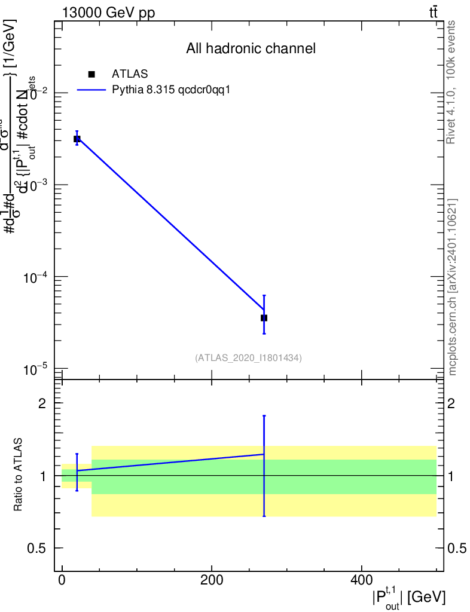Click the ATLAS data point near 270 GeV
pyautogui.click(x=264, y=318)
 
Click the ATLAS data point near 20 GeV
pyautogui.click(x=77, y=139)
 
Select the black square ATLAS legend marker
pyautogui.click(x=91, y=74)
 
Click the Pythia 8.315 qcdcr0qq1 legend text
pyautogui.click(x=171, y=90)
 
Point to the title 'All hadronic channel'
pyautogui.click(x=251, y=48)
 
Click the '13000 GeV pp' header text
pyautogui.click(x=109, y=13)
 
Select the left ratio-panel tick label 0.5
pyautogui.click(x=36, y=549)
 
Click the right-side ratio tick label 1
pyautogui.click(x=453, y=476)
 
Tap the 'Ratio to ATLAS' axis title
pyautogui.click(x=19, y=475)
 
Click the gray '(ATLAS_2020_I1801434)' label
pyautogui.click(x=248, y=358)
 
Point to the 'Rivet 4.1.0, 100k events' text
pyautogui.click(x=451, y=82)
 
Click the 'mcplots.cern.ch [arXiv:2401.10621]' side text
pyautogui.click(x=453, y=287)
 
